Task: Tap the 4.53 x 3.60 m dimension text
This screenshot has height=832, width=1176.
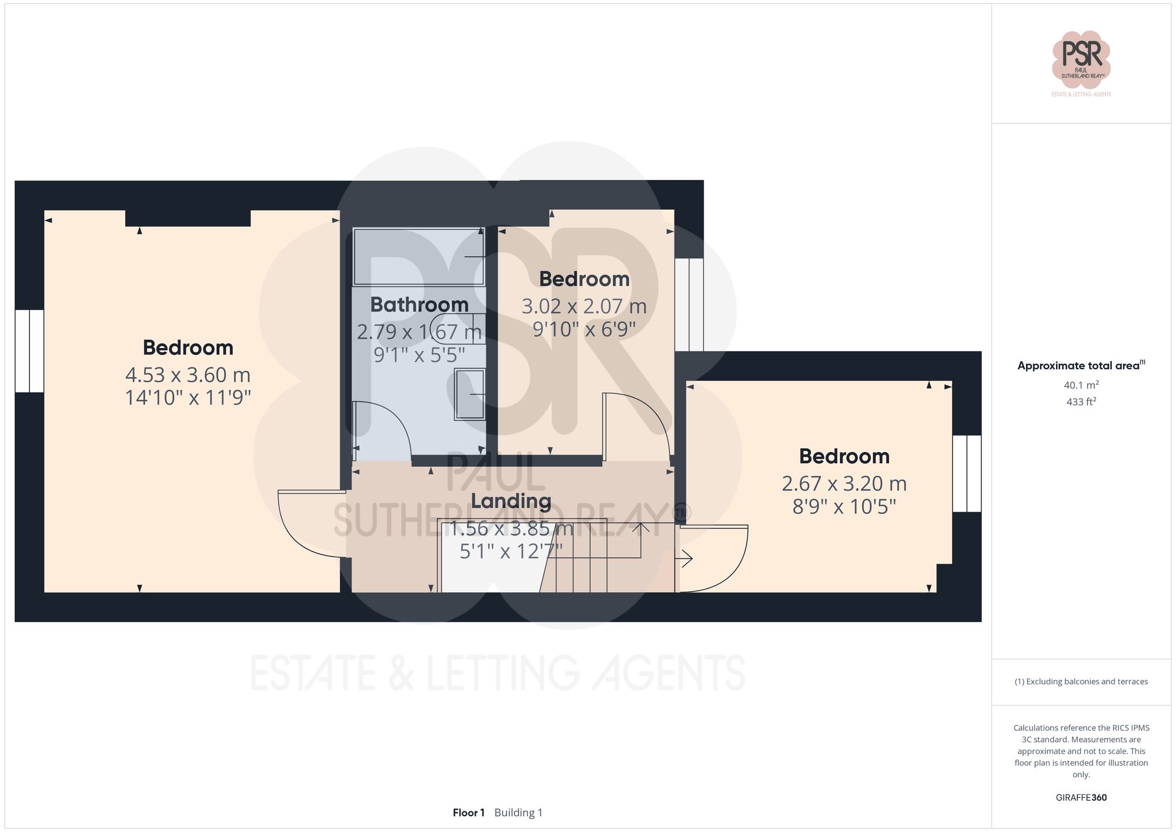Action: point(188,375)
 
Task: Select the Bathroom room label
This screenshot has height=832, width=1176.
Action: point(419,305)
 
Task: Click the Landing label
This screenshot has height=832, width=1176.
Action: point(511,501)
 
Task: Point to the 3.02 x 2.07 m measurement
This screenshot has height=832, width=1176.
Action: point(584,306)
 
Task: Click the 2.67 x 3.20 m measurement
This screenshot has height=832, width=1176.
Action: point(844,483)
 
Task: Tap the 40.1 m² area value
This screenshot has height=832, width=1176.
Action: point(1081,385)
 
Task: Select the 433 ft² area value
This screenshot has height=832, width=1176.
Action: point(1081,402)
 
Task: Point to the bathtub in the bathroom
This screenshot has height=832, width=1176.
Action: point(419,257)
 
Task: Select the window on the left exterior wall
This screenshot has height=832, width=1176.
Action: point(29,350)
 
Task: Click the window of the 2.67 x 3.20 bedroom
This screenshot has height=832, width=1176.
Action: point(967,473)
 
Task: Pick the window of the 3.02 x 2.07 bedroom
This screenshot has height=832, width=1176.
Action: point(689,305)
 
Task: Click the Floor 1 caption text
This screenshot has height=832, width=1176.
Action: point(469,813)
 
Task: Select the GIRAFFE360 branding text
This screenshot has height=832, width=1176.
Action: point(1081,797)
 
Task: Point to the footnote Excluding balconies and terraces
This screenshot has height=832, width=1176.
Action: point(1081,681)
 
